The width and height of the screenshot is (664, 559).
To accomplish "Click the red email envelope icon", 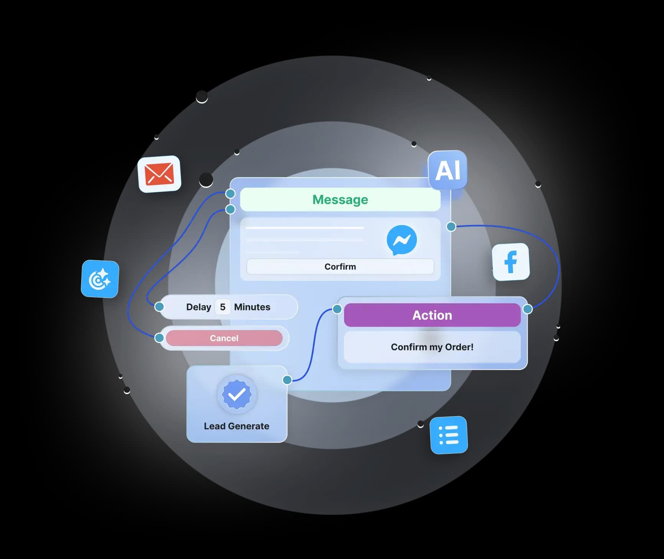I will click(159, 174).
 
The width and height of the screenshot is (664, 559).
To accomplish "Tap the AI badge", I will click(448, 170).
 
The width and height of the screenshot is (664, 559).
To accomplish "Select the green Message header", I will click(340, 199).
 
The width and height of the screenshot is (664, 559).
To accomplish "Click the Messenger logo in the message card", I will click(402, 240).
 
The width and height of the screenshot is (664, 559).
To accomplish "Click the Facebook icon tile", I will click(511, 262).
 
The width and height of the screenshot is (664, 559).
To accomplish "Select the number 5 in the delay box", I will click(223, 307).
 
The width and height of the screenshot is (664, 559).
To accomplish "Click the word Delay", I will click(198, 307).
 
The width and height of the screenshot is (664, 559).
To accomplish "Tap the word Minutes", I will click(252, 307).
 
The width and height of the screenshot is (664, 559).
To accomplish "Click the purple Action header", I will click(432, 315).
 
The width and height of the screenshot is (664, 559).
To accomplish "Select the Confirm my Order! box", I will click(432, 347).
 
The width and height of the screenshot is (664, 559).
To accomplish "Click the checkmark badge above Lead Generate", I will click(237, 394).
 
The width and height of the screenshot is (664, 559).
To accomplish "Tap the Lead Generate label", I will click(236, 426).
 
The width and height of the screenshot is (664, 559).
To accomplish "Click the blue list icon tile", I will click(449, 435).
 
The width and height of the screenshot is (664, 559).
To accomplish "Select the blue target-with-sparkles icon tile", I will click(100, 279).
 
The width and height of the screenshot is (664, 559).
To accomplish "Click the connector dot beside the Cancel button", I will click(159, 338).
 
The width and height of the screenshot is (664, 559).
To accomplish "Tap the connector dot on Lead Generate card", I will click(287, 380).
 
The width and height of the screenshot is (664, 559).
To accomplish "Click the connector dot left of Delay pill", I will click(159, 306).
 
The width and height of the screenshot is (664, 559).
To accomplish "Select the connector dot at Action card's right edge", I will click(528, 309).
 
